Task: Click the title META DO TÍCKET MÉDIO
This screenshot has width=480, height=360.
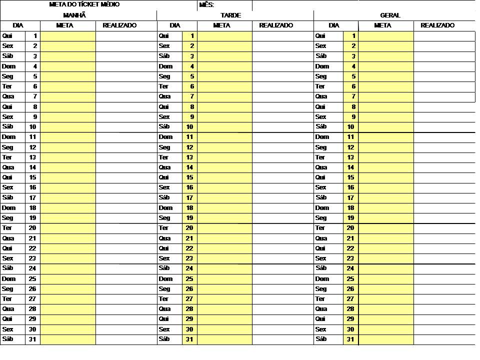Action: (84, 4)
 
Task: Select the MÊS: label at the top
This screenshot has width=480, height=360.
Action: (206, 5)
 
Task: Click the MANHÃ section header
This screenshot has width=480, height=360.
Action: (74, 15)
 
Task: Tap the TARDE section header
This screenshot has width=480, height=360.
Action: (230, 15)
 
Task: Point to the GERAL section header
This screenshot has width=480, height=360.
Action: (390, 15)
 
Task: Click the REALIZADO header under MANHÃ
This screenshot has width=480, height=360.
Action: (119, 25)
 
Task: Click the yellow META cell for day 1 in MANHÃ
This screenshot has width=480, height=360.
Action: (68, 36)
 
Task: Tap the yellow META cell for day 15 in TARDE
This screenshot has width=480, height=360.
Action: (224, 177)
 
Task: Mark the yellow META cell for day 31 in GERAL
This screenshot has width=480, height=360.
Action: (386, 339)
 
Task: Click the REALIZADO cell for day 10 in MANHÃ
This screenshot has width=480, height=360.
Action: (125, 127)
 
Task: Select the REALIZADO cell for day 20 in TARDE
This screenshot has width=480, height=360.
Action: (282, 228)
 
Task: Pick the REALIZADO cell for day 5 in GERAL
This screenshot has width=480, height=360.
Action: (444, 76)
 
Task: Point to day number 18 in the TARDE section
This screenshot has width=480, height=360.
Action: (189, 208)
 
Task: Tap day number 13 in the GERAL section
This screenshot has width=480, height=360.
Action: (350, 157)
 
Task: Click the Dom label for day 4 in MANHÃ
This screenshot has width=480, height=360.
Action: (8, 66)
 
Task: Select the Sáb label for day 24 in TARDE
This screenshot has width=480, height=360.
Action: (164, 268)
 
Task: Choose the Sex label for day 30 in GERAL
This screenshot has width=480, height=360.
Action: (321, 329)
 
